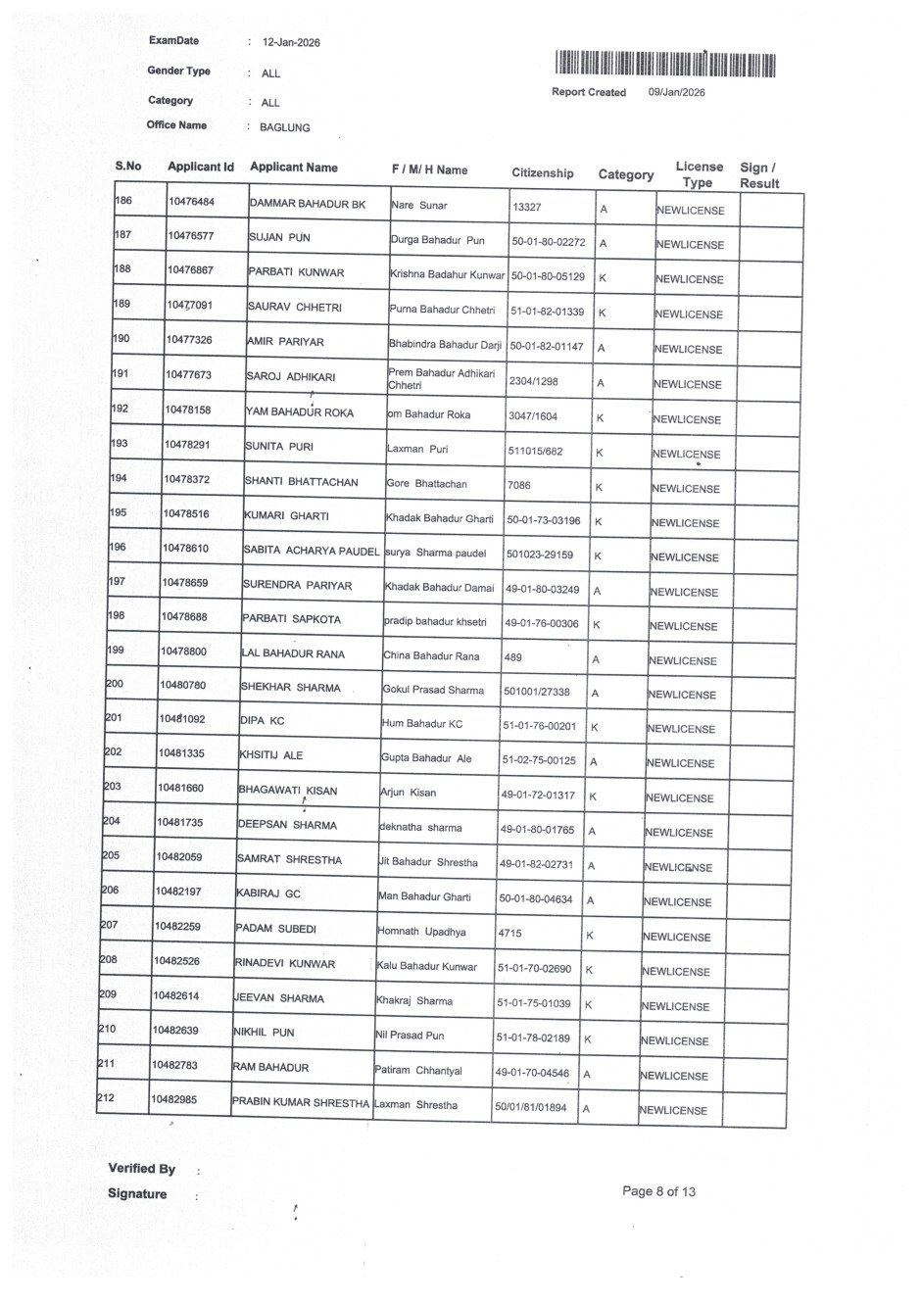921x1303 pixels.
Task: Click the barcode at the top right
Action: tap(664, 65)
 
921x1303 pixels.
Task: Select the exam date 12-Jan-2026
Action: tap(291, 43)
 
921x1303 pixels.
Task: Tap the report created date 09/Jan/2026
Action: tap(676, 92)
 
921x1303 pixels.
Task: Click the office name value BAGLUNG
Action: tap(284, 127)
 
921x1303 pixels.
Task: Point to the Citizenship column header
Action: tap(543, 173)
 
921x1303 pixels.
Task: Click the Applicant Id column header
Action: tap(201, 167)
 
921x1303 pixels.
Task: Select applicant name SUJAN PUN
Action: tap(279, 237)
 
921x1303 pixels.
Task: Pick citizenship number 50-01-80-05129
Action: tap(548, 276)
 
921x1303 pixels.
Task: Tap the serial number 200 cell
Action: tap(115, 684)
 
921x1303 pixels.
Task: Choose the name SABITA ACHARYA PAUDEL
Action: tap(311, 552)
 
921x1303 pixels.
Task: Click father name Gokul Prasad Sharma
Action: tap(433, 690)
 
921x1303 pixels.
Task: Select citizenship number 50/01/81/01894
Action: tap(531, 1108)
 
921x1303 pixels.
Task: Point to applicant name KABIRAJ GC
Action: tap(268, 893)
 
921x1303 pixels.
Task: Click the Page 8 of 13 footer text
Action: tap(658, 1191)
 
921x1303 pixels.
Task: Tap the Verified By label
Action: tap(142, 1168)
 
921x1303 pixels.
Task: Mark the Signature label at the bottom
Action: tap(137, 1193)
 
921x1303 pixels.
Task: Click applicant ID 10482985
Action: tap(174, 1099)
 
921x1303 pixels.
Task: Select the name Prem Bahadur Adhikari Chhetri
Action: tap(441, 379)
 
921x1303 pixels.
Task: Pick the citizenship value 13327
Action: tap(527, 208)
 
